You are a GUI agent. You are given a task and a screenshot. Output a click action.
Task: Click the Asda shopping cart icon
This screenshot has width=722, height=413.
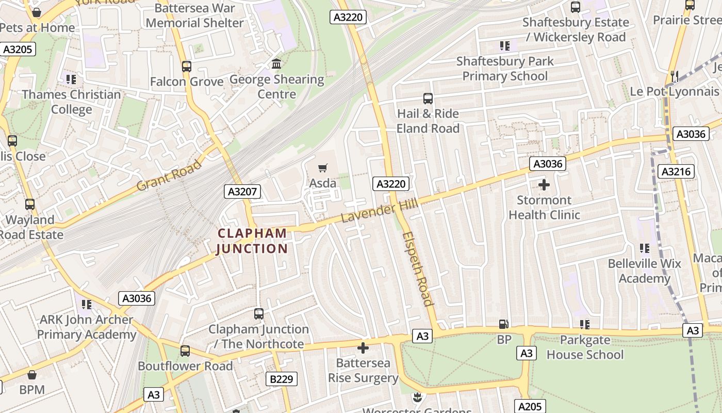coord(323,167)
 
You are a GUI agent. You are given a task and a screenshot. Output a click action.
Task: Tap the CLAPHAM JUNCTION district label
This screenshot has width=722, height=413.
coord(252,241)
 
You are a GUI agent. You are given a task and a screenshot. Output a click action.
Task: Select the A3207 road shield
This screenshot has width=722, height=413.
coord(243,192)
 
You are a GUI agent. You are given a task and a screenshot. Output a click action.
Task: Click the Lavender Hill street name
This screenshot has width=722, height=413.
coord(380,212)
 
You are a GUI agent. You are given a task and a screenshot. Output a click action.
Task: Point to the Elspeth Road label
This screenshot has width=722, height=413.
coord(417,268)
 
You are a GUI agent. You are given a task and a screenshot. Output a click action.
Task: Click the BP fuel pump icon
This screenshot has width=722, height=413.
coord(503,324)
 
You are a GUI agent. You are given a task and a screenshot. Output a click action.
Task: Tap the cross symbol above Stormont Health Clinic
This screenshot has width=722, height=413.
coord(544,184)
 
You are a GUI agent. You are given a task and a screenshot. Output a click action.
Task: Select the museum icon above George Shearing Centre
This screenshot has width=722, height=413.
coord(276,64)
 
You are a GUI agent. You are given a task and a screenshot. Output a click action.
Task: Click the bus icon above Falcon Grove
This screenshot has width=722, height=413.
coord(186,67)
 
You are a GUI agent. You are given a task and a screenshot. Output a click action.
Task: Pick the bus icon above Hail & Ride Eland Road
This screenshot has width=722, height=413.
coord(428,98)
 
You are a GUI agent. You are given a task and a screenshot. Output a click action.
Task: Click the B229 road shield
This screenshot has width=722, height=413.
coord(282,379)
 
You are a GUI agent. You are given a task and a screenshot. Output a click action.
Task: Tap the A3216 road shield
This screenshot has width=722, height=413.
coord(678,171)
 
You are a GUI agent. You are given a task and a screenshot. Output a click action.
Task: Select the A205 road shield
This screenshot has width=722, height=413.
coord(530,406)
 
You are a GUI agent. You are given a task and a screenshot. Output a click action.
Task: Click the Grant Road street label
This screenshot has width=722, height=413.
coord(169,176)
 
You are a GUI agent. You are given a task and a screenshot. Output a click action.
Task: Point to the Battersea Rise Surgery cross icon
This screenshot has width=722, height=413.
coord(363,348)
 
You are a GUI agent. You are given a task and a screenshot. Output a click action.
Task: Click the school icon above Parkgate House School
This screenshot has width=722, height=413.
coord(584,324)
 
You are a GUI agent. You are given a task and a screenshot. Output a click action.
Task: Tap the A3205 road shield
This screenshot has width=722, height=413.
coord(18,50)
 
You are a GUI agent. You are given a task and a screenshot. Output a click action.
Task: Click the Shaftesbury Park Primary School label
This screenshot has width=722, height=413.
coord(505,69)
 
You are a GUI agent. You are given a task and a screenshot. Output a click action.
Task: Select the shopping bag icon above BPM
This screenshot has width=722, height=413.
coord(32,374)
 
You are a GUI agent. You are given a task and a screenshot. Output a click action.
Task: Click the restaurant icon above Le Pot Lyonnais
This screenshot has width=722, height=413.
coord(674,76)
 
